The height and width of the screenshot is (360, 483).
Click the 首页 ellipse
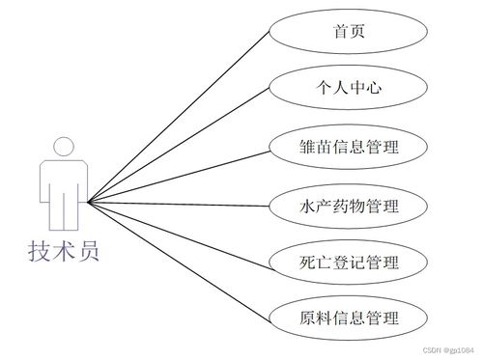point(349,33)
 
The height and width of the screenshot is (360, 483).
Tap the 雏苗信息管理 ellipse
point(349,147)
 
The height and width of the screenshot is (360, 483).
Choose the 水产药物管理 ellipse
point(349,205)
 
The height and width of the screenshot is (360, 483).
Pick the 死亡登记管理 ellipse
point(349,262)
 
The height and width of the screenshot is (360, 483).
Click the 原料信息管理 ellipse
point(349,318)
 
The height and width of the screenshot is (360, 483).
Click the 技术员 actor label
point(63,253)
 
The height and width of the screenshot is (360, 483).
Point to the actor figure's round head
point(63,147)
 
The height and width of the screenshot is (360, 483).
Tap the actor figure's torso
point(63,183)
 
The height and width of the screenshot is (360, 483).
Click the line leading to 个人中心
point(179,146)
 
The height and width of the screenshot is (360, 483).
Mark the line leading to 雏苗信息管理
point(179,175)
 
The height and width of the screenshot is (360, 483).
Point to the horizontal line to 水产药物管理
point(179,204)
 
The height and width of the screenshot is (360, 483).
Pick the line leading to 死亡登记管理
point(179,232)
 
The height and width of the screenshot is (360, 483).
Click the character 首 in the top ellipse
point(339,33)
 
